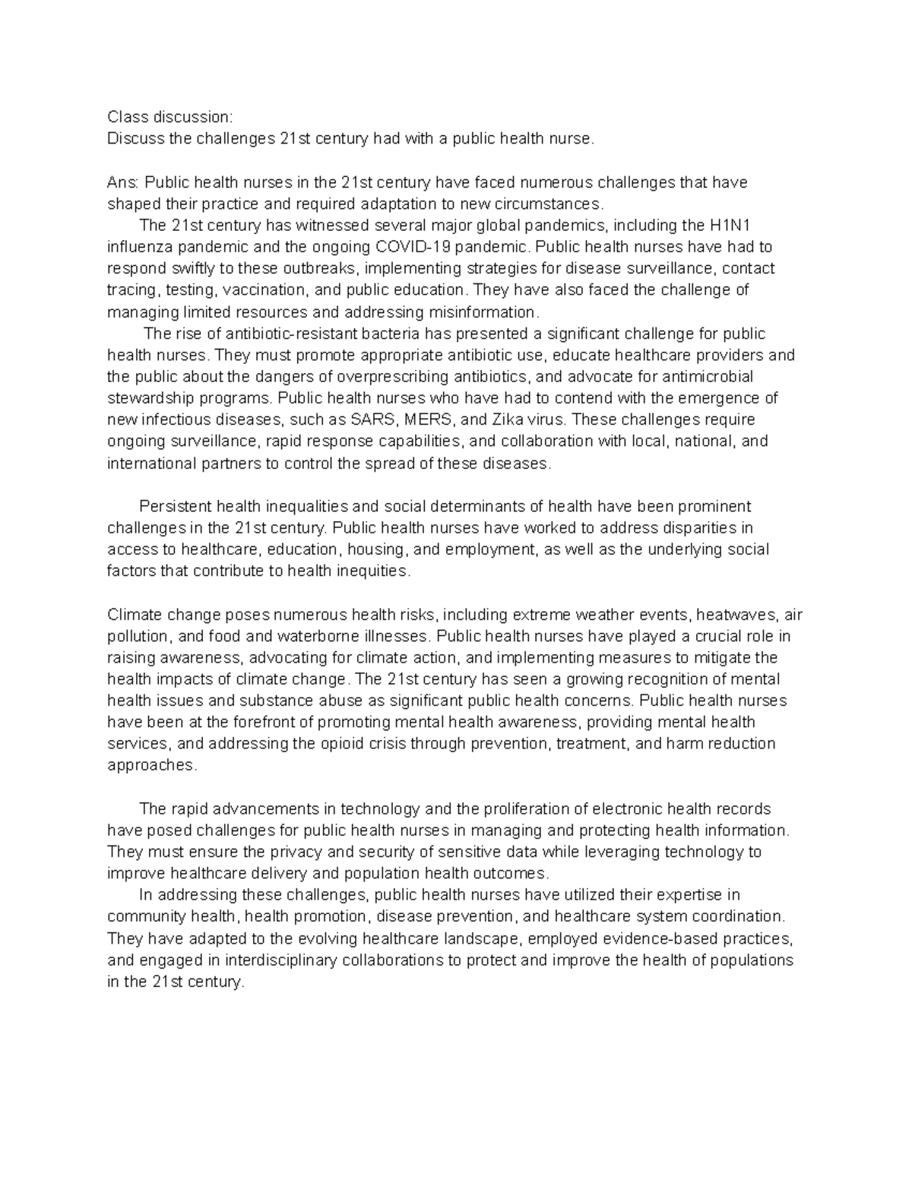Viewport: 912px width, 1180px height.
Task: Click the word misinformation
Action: click(x=483, y=312)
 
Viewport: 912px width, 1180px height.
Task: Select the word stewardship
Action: click(x=149, y=398)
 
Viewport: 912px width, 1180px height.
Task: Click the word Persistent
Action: click(x=176, y=506)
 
